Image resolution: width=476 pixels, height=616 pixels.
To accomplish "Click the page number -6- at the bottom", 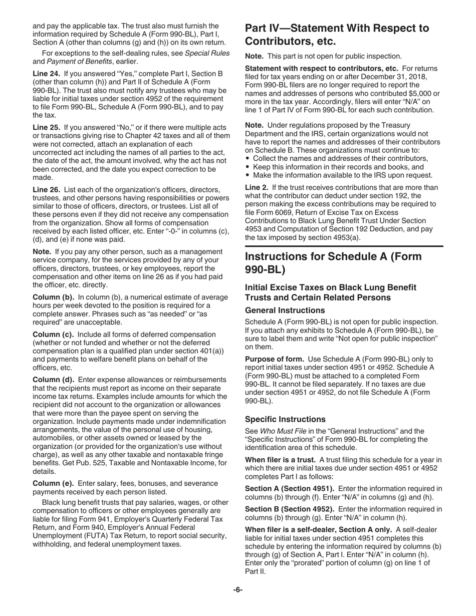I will (x=237, y=590).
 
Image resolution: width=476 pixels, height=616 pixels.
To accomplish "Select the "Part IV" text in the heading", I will (x=263, y=28).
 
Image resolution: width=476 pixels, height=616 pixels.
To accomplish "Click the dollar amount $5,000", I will (x=424, y=94).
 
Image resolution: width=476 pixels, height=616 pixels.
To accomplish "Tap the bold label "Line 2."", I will (x=257, y=188).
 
